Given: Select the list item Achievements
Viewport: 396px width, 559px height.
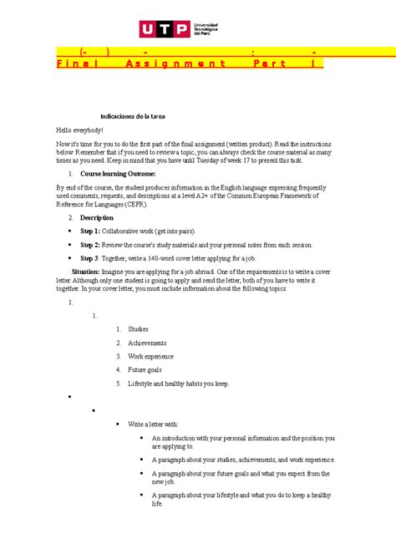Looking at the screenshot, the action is coord(152,343).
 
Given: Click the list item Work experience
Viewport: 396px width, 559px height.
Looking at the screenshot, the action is coord(156,357).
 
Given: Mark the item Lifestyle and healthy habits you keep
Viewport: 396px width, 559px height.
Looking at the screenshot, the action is coord(178,384).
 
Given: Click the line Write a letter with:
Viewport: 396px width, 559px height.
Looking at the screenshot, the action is coord(155,424).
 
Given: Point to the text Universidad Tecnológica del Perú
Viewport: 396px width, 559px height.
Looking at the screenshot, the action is coord(209,30).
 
